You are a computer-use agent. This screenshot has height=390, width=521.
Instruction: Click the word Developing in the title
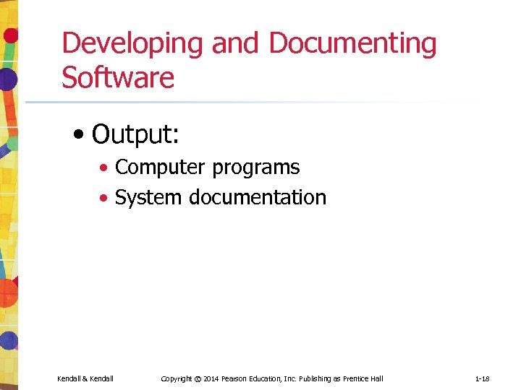tap(133, 44)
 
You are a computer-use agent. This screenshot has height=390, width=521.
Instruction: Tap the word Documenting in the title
tap(352, 44)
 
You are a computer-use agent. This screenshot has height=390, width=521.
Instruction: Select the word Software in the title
tap(118, 78)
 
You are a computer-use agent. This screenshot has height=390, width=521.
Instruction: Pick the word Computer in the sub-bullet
tap(159, 168)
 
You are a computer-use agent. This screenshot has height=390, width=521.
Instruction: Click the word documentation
tap(258, 197)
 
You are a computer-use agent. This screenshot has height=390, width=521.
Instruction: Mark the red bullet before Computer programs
tap(105, 169)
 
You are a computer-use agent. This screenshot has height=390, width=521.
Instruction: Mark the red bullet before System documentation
tap(105, 199)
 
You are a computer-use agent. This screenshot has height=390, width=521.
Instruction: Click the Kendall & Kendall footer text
tap(85, 378)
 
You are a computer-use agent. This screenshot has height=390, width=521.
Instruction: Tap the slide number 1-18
tap(483, 378)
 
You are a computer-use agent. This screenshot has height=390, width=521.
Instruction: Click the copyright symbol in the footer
tap(197, 378)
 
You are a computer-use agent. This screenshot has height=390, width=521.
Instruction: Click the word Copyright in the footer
tap(176, 378)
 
